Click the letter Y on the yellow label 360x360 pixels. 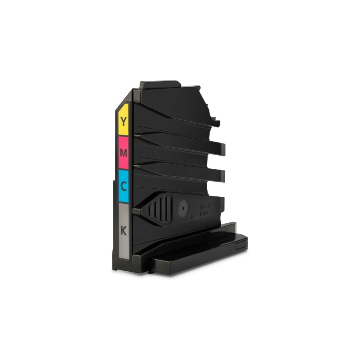click(x=124, y=121)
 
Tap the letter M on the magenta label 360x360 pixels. click(x=124, y=153)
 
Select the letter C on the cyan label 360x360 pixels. click(x=124, y=186)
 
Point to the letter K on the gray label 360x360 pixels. click(x=124, y=231)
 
